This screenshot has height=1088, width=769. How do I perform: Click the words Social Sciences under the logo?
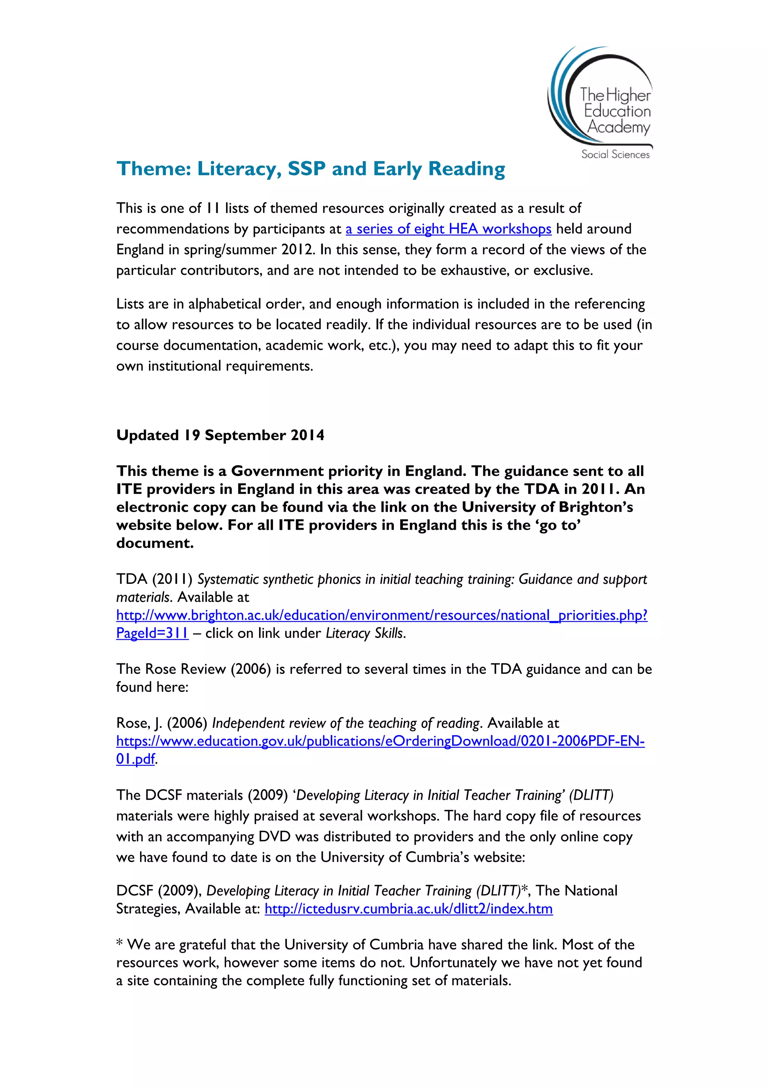[x=615, y=154]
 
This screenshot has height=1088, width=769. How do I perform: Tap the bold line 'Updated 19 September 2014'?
[x=220, y=435]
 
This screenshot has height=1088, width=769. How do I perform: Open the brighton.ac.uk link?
[x=381, y=615]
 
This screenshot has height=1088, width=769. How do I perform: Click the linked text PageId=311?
[x=152, y=633]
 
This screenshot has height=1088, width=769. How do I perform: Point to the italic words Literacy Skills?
[x=365, y=633]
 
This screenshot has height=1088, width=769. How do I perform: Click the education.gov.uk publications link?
[x=380, y=741]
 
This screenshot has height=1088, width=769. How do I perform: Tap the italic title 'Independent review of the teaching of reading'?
[x=346, y=723]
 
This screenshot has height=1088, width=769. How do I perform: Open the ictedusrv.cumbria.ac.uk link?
[x=409, y=909]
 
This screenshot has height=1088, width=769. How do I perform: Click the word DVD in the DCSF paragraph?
[x=274, y=837]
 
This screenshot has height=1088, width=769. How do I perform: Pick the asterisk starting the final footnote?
[x=119, y=943]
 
